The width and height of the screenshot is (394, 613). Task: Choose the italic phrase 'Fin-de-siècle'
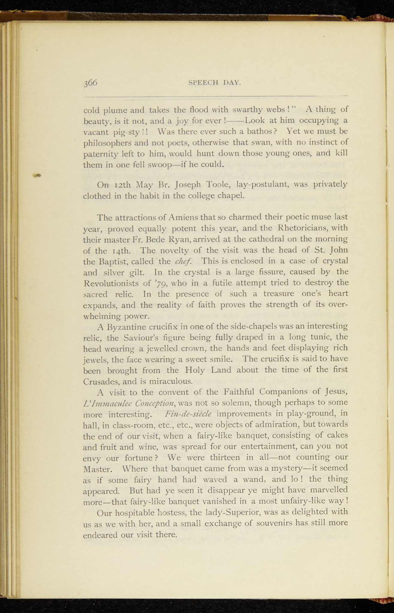(188, 414)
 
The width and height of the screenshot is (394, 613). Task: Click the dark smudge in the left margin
(38, 176)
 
